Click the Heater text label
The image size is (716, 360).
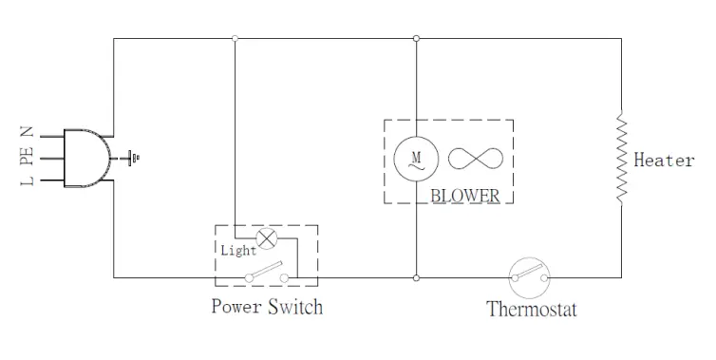pos(664,161)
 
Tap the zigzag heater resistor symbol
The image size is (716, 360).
pos(620,159)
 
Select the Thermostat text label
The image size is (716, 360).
pos(531,309)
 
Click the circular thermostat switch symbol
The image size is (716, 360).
pos(531,276)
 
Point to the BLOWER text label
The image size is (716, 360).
pos(464,195)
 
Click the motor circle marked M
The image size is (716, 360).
pos(415,158)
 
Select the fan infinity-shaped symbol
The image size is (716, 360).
pos(471,158)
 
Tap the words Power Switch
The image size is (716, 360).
pos(266,307)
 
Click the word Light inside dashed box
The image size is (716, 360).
pos(238,251)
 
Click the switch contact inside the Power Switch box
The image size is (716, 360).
pos(267,275)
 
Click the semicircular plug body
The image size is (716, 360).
pos(86,157)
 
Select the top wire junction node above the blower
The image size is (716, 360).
pos(416,39)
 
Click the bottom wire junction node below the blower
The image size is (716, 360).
pos(416,278)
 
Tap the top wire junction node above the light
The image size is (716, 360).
pos(235,39)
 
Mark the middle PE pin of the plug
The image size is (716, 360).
pos(50,157)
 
